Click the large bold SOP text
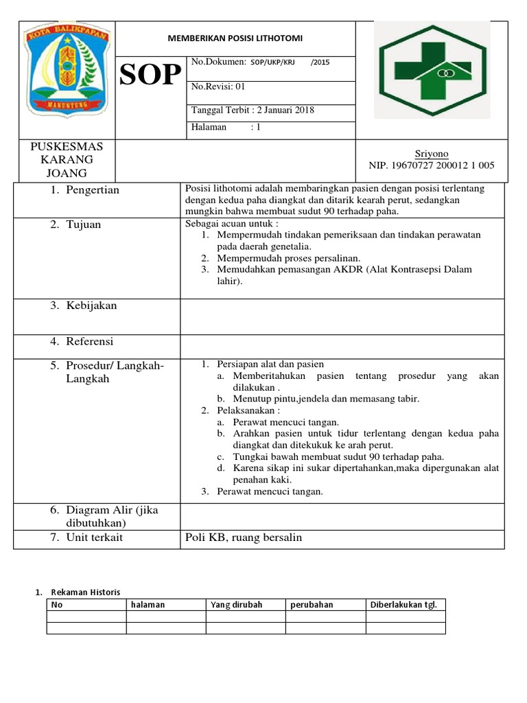(151, 75)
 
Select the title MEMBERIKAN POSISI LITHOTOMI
(235, 38)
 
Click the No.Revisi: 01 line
(218, 87)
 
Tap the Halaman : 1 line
(226, 127)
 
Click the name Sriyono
(432, 153)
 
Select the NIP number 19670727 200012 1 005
(432, 165)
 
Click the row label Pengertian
(93, 190)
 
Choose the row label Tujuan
(83, 225)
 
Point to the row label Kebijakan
(91, 306)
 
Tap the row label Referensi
(90, 341)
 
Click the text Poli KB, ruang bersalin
(244, 538)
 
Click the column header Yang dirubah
(237, 605)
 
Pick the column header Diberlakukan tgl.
(403, 605)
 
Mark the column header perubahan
(312, 605)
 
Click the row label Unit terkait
(94, 538)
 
